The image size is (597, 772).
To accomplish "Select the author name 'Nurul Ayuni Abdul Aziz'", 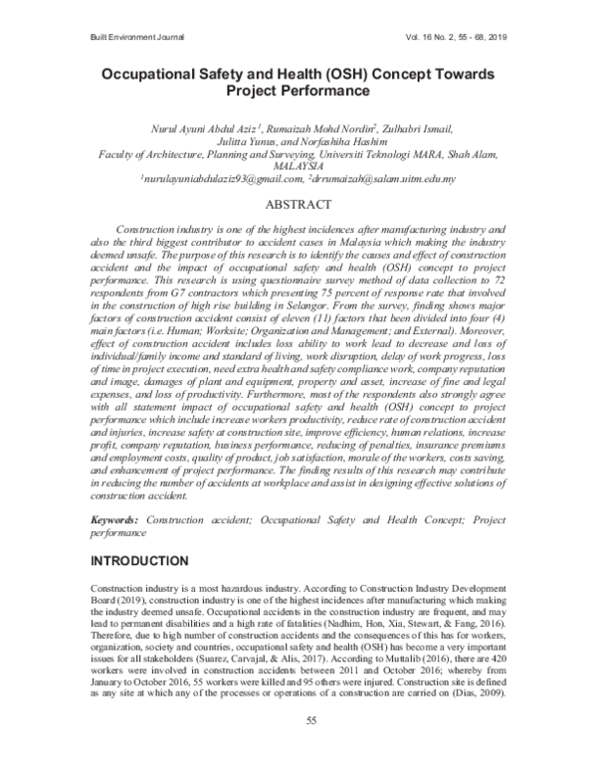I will point(199,128).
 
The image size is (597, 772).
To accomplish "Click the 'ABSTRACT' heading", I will point(298,205).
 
